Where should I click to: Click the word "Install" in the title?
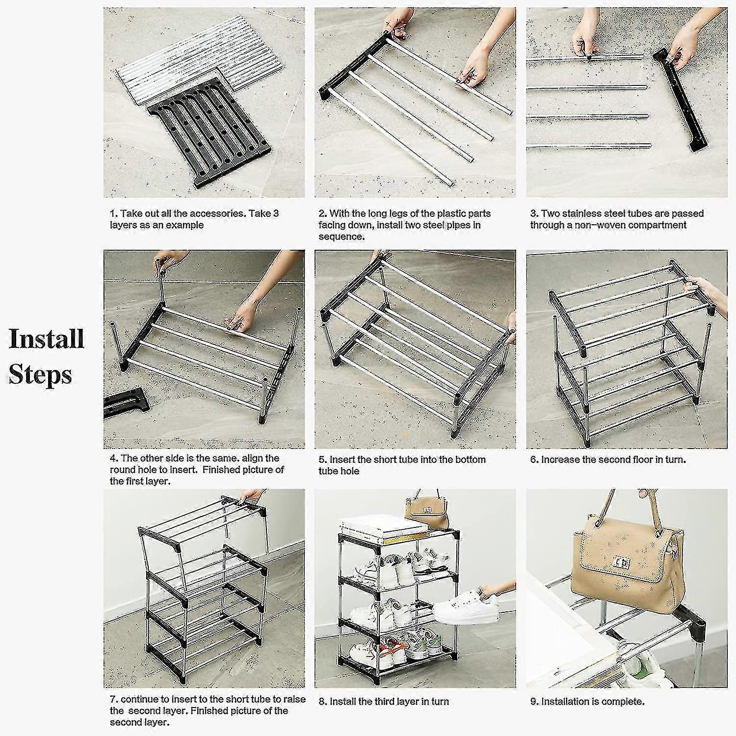click(47, 339)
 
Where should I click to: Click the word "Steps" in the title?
click(40, 375)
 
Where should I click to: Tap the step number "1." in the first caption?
click(114, 213)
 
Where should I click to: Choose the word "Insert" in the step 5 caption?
click(343, 460)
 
